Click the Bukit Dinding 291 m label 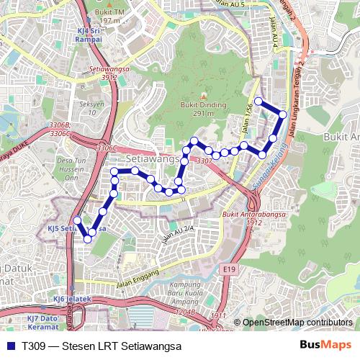(202, 109)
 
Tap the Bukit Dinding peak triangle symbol (203, 96)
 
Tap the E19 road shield (229, 269)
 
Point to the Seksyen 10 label (92, 107)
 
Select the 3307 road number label (204, 161)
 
